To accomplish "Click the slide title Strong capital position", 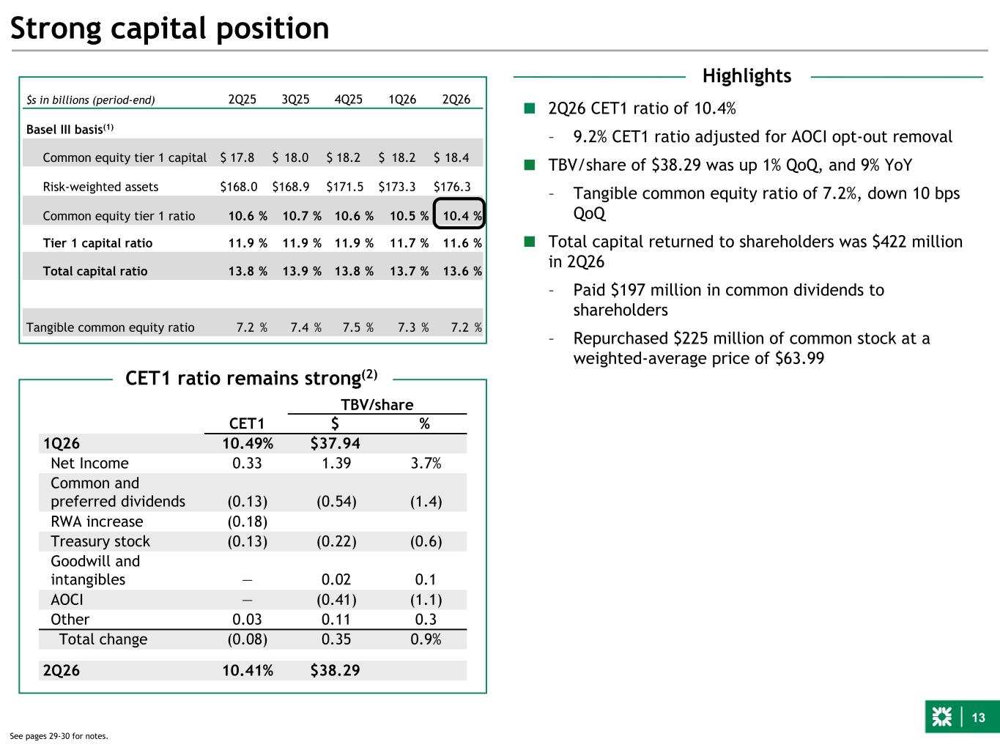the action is [x=169, y=29].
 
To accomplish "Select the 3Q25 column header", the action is [x=295, y=100].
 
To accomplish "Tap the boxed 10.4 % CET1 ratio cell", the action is [x=459, y=213].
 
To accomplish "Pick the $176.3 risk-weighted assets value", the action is [x=452, y=187].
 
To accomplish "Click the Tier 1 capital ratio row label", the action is [x=97, y=243].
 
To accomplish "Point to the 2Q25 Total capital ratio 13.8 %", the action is [x=248, y=272].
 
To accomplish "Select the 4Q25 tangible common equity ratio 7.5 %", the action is [x=358, y=327].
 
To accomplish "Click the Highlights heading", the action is [x=747, y=75].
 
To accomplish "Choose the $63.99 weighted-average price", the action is [x=799, y=358].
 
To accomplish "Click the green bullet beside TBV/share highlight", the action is [x=530, y=164].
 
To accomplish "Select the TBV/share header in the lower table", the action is [x=377, y=405].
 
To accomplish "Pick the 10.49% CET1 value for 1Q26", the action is [x=248, y=444].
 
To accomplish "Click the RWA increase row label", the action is [x=97, y=521].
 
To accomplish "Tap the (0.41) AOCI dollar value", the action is [x=337, y=600].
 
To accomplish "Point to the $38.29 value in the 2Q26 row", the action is [x=336, y=670].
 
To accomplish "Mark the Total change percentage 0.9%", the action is [x=426, y=639].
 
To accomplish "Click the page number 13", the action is [x=978, y=718].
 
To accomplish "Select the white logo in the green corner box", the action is [x=941, y=717].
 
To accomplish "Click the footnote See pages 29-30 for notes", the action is [x=59, y=736].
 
